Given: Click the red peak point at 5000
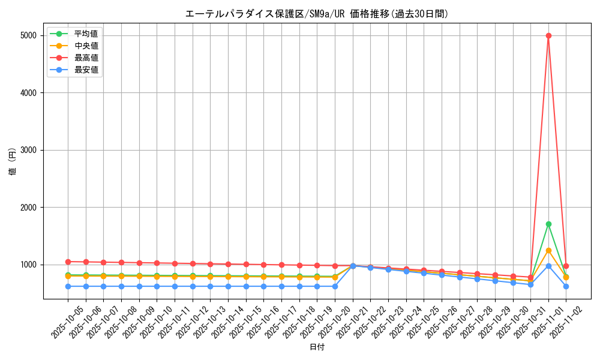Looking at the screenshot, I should (548, 35).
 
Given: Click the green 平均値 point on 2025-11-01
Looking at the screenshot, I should (548, 224).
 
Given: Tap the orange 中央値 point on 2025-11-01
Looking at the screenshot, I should (548, 250).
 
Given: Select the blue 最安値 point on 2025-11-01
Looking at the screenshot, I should (548, 266).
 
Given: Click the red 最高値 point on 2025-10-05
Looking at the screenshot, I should (68, 262).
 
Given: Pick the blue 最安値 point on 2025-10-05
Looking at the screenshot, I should (68, 286).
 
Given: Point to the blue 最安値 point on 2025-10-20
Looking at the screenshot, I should (335, 286).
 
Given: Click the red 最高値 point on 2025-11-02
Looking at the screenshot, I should (566, 266).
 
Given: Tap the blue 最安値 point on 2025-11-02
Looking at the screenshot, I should (566, 286).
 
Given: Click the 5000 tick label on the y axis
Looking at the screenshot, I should (28, 35).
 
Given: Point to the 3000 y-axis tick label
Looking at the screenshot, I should (28, 150).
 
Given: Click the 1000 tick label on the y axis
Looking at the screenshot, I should (28, 265).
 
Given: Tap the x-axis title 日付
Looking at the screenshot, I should (317, 347).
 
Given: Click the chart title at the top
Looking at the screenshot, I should (317, 14).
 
